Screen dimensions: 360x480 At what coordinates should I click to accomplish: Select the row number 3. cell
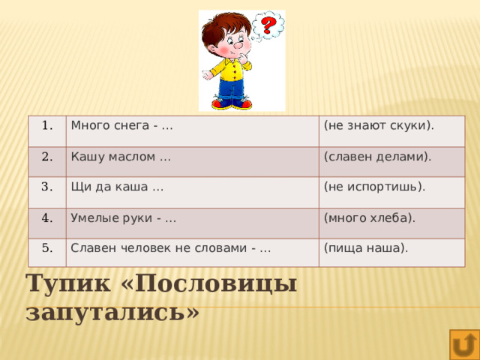tap(46, 187)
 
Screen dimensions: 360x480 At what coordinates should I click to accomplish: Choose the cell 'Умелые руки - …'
tap(123, 218)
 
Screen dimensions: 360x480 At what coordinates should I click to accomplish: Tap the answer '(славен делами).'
tap(376, 157)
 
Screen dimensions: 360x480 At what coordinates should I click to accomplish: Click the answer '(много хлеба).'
tap(369, 218)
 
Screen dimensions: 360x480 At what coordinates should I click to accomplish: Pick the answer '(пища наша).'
tap(365, 248)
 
